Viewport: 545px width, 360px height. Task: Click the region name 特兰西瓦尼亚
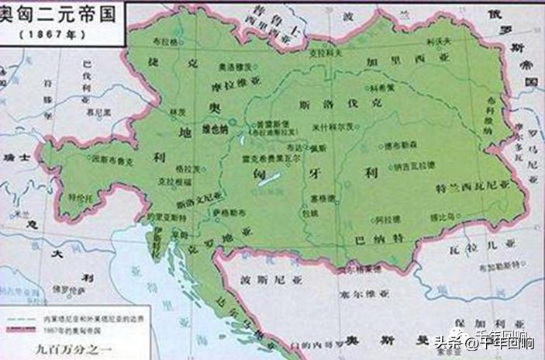coord(474,187)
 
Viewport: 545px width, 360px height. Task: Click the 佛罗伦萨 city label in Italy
coord(73,289)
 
